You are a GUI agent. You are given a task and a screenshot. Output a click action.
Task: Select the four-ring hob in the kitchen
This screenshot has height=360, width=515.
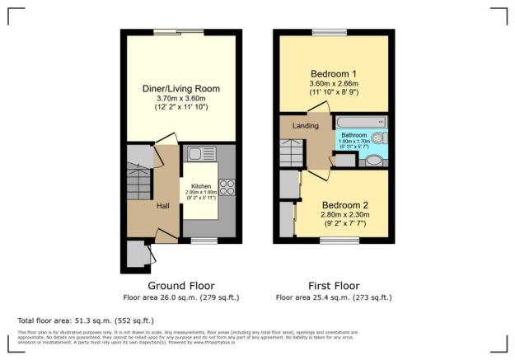(227, 187)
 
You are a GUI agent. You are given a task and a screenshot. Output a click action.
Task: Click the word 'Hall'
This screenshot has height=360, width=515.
(163, 205)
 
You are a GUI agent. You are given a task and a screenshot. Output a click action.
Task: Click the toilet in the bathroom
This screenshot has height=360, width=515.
(374, 161)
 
